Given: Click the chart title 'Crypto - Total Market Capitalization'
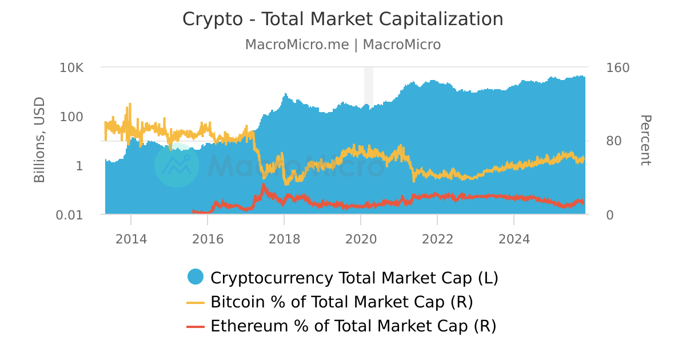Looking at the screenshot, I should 342,19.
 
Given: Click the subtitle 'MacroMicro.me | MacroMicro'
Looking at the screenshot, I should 342,45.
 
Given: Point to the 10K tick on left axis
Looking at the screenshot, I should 71,67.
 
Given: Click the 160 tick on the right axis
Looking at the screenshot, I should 617,67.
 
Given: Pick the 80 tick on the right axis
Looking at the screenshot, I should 613,141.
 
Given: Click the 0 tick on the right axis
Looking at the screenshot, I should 609,215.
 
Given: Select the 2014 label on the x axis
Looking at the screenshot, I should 131,239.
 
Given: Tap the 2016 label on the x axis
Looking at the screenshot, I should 208,239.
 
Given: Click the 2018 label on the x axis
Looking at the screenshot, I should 284,239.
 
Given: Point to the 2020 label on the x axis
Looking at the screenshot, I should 361,239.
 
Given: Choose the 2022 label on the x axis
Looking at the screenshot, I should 437,239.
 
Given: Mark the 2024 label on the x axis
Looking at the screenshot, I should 514,239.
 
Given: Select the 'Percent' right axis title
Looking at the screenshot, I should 645,141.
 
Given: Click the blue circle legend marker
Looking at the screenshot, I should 196,277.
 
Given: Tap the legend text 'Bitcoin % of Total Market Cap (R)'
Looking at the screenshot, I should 341,302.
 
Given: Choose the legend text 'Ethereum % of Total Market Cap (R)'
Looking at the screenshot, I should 353,326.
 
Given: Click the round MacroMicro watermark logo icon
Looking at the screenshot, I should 177,165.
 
